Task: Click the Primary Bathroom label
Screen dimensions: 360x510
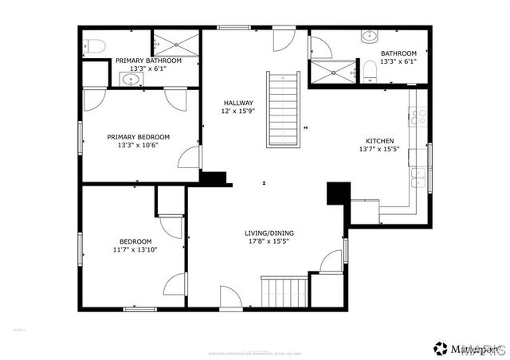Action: (148, 61)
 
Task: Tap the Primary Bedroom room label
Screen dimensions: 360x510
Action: (139, 136)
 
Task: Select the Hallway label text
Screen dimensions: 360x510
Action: (237, 103)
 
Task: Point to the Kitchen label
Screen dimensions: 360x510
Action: (379, 140)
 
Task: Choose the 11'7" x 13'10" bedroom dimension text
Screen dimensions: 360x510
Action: (135, 250)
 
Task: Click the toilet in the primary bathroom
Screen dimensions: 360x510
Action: (92, 45)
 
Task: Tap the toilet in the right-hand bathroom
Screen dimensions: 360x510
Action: (369, 72)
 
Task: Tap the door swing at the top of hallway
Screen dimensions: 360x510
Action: (283, 40)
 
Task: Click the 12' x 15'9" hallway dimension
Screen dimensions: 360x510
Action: (237, 112)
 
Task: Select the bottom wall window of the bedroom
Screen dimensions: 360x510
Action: (139, 308)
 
